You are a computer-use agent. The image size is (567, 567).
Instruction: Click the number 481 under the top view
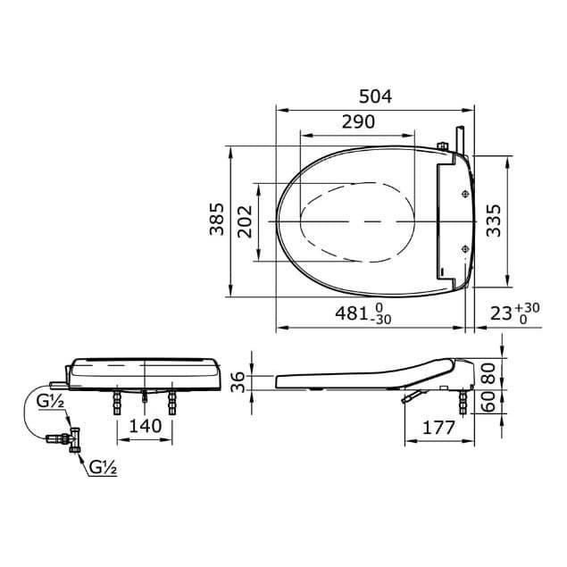pos(353,313)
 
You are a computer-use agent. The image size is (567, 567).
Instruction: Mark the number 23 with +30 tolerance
pos(500,313)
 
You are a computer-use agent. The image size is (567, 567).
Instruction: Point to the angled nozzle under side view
pos(411,395)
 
